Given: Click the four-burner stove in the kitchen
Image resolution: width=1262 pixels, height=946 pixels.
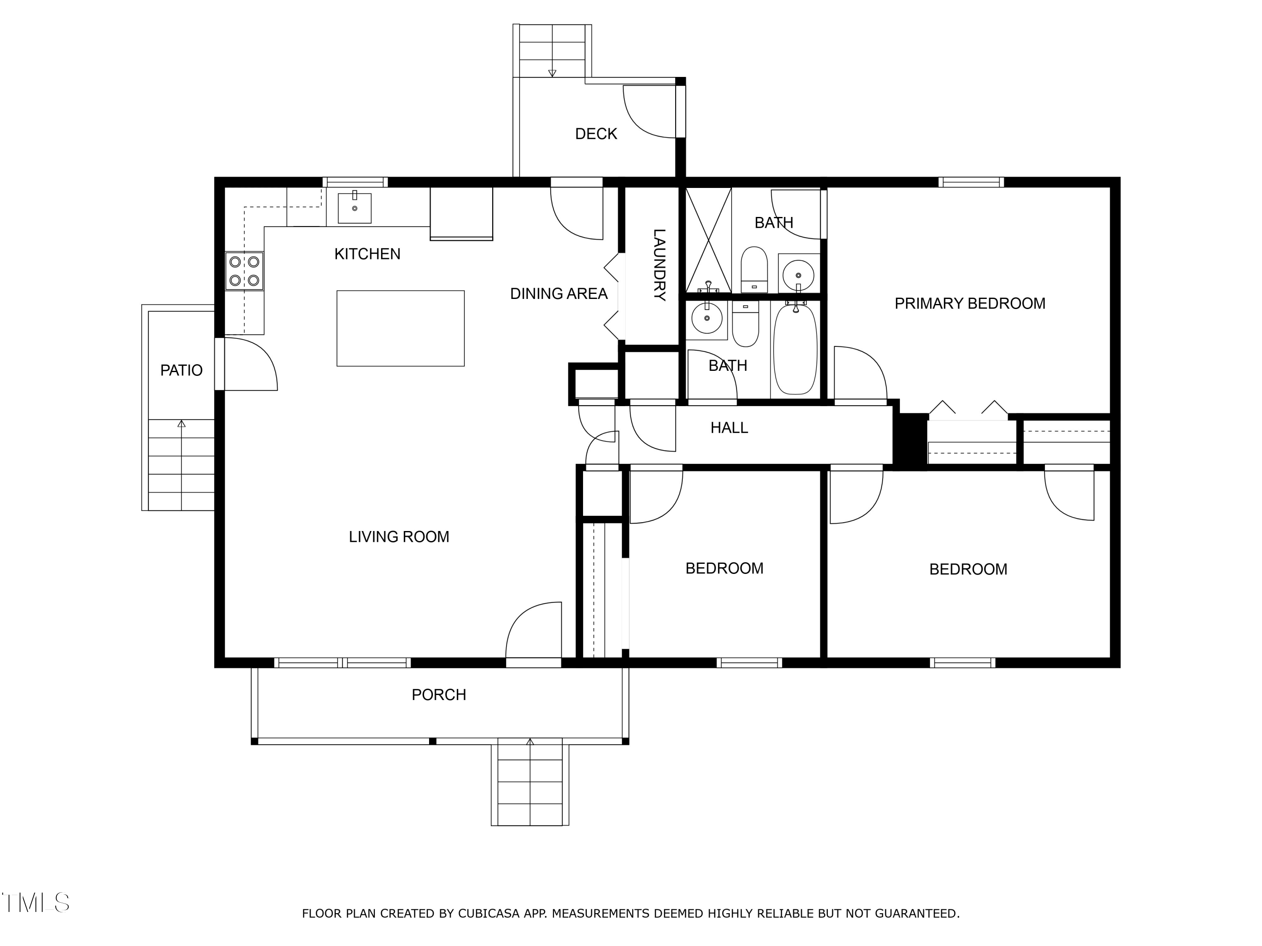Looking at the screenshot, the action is tap(244, 271).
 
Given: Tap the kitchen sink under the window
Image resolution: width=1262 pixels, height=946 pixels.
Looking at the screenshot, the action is tap(354, 208).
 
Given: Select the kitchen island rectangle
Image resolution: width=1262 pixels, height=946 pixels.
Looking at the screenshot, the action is tap(400, 328).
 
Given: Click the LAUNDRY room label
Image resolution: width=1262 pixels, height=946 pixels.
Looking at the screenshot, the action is tap(659, 264).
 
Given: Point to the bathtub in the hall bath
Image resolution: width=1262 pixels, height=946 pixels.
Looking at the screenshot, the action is tap(795, 349).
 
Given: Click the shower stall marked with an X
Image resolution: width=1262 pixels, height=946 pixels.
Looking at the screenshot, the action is tap(708, 240).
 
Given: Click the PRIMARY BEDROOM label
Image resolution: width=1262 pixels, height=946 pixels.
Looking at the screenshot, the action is tap(970, 304).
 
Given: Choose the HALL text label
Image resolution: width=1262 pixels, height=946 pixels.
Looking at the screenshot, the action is tap(729, 428).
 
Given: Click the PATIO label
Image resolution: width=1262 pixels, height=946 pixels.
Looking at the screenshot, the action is tap(181, 371).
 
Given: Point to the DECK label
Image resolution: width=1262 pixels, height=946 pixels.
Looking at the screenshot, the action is tap(596, 134).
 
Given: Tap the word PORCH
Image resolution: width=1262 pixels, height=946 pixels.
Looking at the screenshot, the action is tap(439, 695).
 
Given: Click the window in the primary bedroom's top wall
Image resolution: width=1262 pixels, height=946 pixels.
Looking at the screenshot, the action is tap(971, 182).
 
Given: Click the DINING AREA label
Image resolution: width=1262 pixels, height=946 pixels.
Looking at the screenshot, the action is tap(559, 293).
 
